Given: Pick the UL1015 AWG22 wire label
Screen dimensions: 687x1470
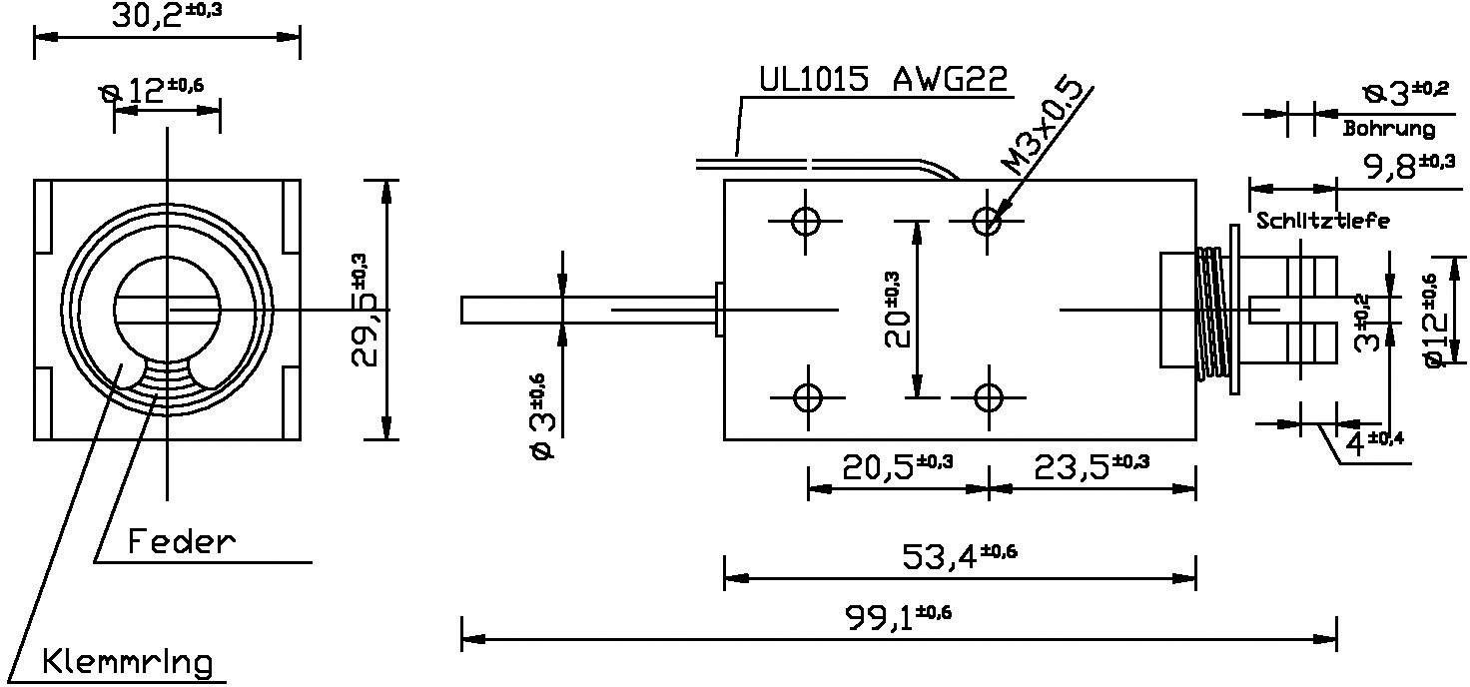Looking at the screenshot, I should tap(883, 80).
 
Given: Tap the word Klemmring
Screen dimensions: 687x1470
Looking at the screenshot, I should tap(128, 661).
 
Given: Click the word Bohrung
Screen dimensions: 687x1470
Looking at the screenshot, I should tap(1388, 129).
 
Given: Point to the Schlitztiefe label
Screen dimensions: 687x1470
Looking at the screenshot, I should tap(1322, 221).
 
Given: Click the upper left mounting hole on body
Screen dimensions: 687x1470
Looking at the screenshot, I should tap(806, 221).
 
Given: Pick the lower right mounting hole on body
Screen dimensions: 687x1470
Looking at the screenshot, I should tap(988, 398).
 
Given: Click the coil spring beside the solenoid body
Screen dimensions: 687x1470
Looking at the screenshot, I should tap(1212, 313).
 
